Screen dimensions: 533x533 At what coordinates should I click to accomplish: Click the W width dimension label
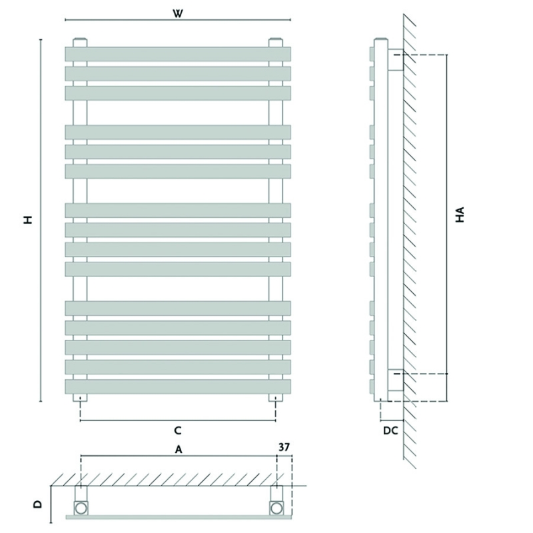pyautogui.click(x=177, y=13)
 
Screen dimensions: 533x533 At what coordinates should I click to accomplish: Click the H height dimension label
pyautogui.click(x=28, y=219)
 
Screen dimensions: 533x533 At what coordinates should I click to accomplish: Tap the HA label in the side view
pyautogui.click(x=460, y=215)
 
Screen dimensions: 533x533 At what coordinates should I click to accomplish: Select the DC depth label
pyautogui.click(x=390, y=430)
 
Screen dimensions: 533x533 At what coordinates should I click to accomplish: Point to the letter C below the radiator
pyautogui.click(x=177, y=430)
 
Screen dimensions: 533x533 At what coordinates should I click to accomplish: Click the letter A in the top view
pyautogui.click(x=179, y=450)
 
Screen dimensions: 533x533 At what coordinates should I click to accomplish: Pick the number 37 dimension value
pyautogui.click(x=284, y=447)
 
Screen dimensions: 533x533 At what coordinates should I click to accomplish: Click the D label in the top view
pyautogui.click(x=38, y=504)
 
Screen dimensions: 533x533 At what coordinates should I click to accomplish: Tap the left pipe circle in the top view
pyautogui.click(x=81, y=508)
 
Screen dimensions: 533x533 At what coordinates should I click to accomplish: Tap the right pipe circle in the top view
pyautogui.click(x=276, y=508)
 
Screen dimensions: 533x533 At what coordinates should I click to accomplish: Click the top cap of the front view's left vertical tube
pyautogui.click(x=80, y=43)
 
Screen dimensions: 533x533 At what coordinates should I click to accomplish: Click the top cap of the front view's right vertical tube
pyautogui.click(x=276, y=43)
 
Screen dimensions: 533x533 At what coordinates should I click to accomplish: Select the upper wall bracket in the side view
pyautogui.click(x=396, y=60)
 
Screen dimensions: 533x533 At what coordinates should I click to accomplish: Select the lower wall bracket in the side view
pyautogui.click(x=396, y=380)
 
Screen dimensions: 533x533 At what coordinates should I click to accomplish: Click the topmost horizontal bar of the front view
pyautogui.click(x=178, y=55)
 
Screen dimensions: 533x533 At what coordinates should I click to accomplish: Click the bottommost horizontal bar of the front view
pyautogui.click(x=178, y=387)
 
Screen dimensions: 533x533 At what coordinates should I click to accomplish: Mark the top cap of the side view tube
pyautogui.click(x=380, y=39)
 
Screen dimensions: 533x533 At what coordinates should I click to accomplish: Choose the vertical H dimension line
pyautogui.click(x=41, y=221)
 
